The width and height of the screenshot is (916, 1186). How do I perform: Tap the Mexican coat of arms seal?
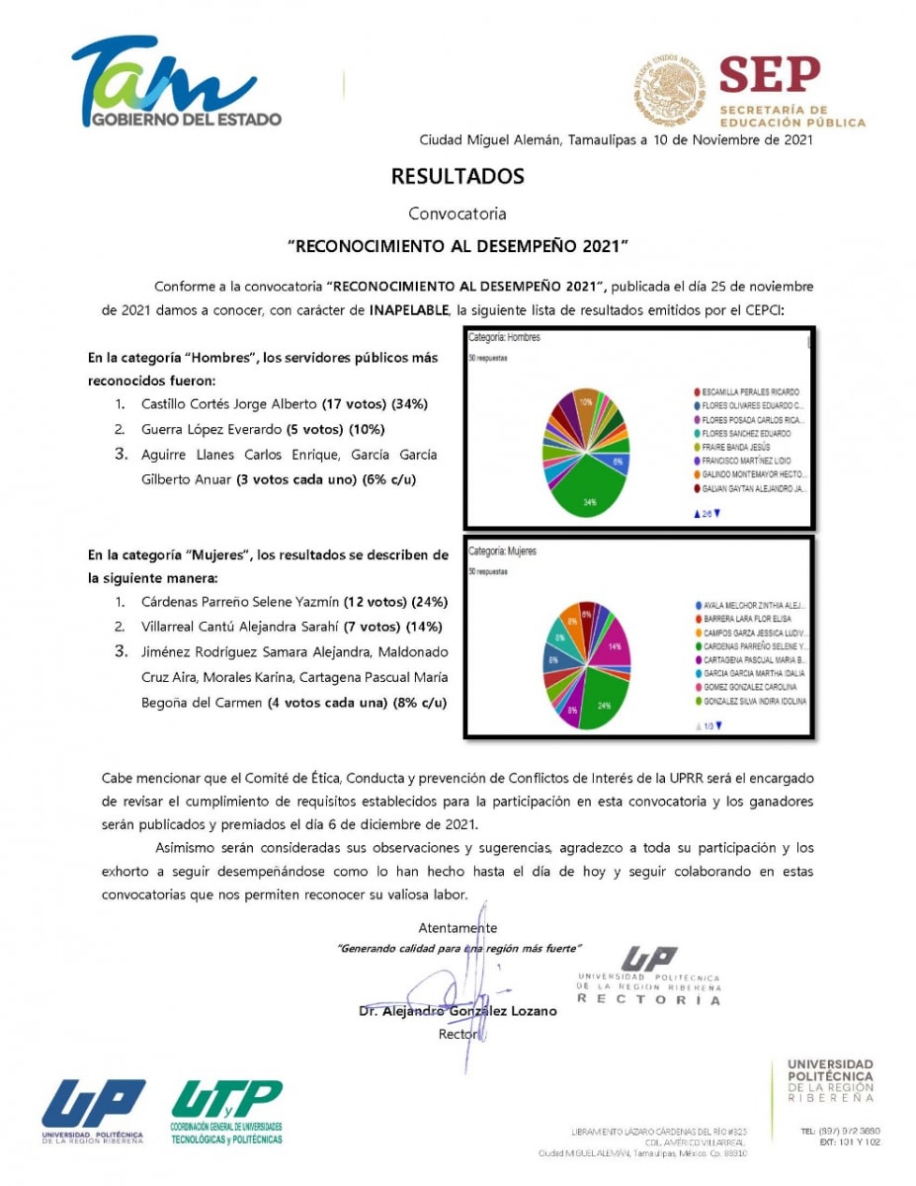(669, 89)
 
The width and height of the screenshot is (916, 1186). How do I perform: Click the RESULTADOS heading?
(458, 177)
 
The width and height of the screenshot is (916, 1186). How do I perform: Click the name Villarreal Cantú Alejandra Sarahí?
(240, 627)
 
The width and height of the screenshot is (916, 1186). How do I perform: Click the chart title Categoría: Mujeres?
(503, 551)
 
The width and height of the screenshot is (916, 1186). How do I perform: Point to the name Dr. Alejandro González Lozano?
(458, 1011)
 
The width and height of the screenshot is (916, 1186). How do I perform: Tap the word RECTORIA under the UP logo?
(649, 999)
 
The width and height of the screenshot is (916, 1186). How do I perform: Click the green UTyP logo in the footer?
(226, 1111)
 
